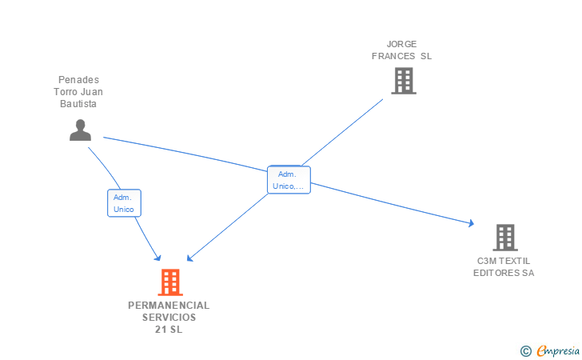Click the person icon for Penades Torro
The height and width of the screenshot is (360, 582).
coord(80,130)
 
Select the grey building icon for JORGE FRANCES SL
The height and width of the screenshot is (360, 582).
coord(404,81)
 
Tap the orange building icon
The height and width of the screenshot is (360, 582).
coord(169,282)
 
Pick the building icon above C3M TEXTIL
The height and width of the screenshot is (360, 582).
coord(504,238)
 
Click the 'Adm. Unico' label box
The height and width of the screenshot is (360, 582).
coord(124,203)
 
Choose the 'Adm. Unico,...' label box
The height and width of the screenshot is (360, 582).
coord(289,180)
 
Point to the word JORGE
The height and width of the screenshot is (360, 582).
coord(401,44)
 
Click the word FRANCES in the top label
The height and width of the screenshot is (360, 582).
coord(394,56)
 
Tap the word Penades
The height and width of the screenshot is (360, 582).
coord(78,80)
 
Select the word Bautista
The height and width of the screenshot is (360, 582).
coord(78,104)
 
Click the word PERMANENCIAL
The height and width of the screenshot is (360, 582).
coord(169,306)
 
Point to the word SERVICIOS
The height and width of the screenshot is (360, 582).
coord(169,318)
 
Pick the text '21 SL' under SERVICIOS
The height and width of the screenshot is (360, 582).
coord(169,330)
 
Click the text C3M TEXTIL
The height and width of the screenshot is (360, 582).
coord(504,262)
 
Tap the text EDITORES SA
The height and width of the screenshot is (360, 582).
coord(504,274)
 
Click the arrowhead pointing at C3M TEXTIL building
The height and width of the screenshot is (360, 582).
coord(472,224)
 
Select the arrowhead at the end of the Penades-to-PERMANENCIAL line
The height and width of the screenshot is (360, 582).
coord(157,257)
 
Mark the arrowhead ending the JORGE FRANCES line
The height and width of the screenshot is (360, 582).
coord(189,258)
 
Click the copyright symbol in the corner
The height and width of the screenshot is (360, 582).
coord(525,350)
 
